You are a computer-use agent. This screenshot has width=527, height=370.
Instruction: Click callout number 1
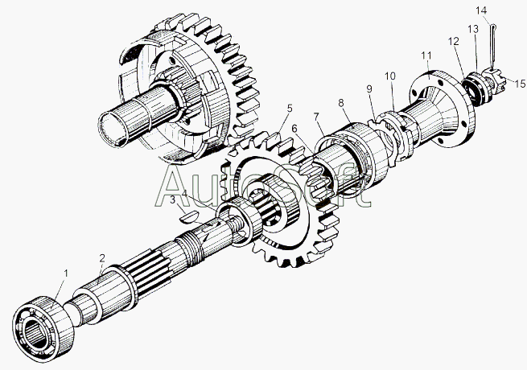point(66,273)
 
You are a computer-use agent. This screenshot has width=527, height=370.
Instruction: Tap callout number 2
point(102,258)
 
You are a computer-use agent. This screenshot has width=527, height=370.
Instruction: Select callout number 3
point(173,200)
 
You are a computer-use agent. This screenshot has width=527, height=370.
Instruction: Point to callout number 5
point(290,109)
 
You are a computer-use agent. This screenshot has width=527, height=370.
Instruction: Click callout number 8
point(341,103)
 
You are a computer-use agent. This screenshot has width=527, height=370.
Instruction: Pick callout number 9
point(369,88)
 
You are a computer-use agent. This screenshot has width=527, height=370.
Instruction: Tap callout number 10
point(390,76)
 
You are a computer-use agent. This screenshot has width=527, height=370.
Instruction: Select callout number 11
point(426,55)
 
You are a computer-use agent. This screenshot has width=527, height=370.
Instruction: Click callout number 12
point(454,42)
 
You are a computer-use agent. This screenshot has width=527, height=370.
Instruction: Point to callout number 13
point(473,29)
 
